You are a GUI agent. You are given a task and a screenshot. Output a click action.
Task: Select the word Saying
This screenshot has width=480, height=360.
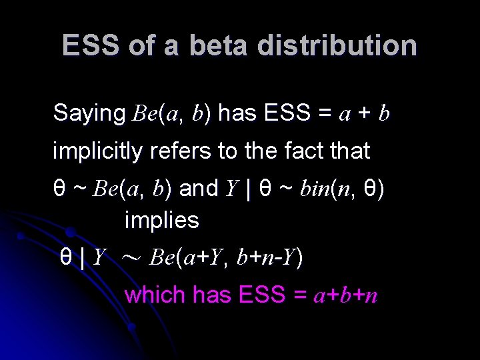pyautogui.click(x=89, y=113)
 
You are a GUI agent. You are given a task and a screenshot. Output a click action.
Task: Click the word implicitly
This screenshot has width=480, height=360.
pyautogui.click(x=97, y=151)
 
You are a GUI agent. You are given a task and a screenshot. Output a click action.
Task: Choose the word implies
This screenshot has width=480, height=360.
pyautogui.click(x=161, y=220)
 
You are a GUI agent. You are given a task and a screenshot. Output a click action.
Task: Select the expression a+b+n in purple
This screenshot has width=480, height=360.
pyautogui.click(x=345, y=295)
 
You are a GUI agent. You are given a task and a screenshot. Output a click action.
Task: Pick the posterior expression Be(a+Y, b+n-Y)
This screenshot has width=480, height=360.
pyautogui.click(x=227, y=256)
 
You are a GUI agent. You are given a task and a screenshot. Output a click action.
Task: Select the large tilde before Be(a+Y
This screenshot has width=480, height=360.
pyautogui.click(x=130, y=257)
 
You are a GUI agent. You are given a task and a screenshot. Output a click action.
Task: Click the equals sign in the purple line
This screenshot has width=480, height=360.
pyautogui.click(x=299, y=295)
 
